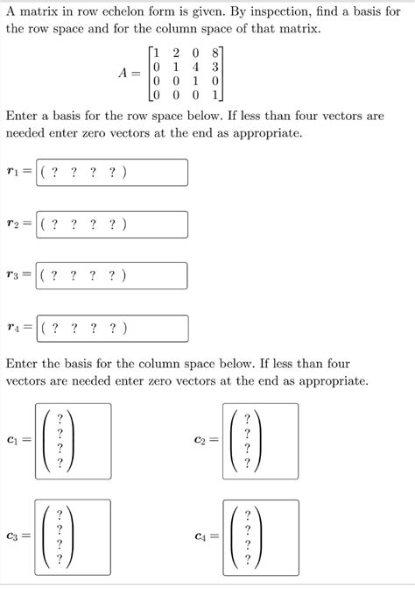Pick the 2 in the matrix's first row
tap(175, 50)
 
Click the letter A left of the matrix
tap(123, 73)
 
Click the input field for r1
tap(112, 173)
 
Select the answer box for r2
tap(112, 224)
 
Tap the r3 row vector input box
tap(112, 276)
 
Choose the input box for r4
tap(112, 329)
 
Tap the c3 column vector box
tap(73, 536)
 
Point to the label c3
tap(12, 536)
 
